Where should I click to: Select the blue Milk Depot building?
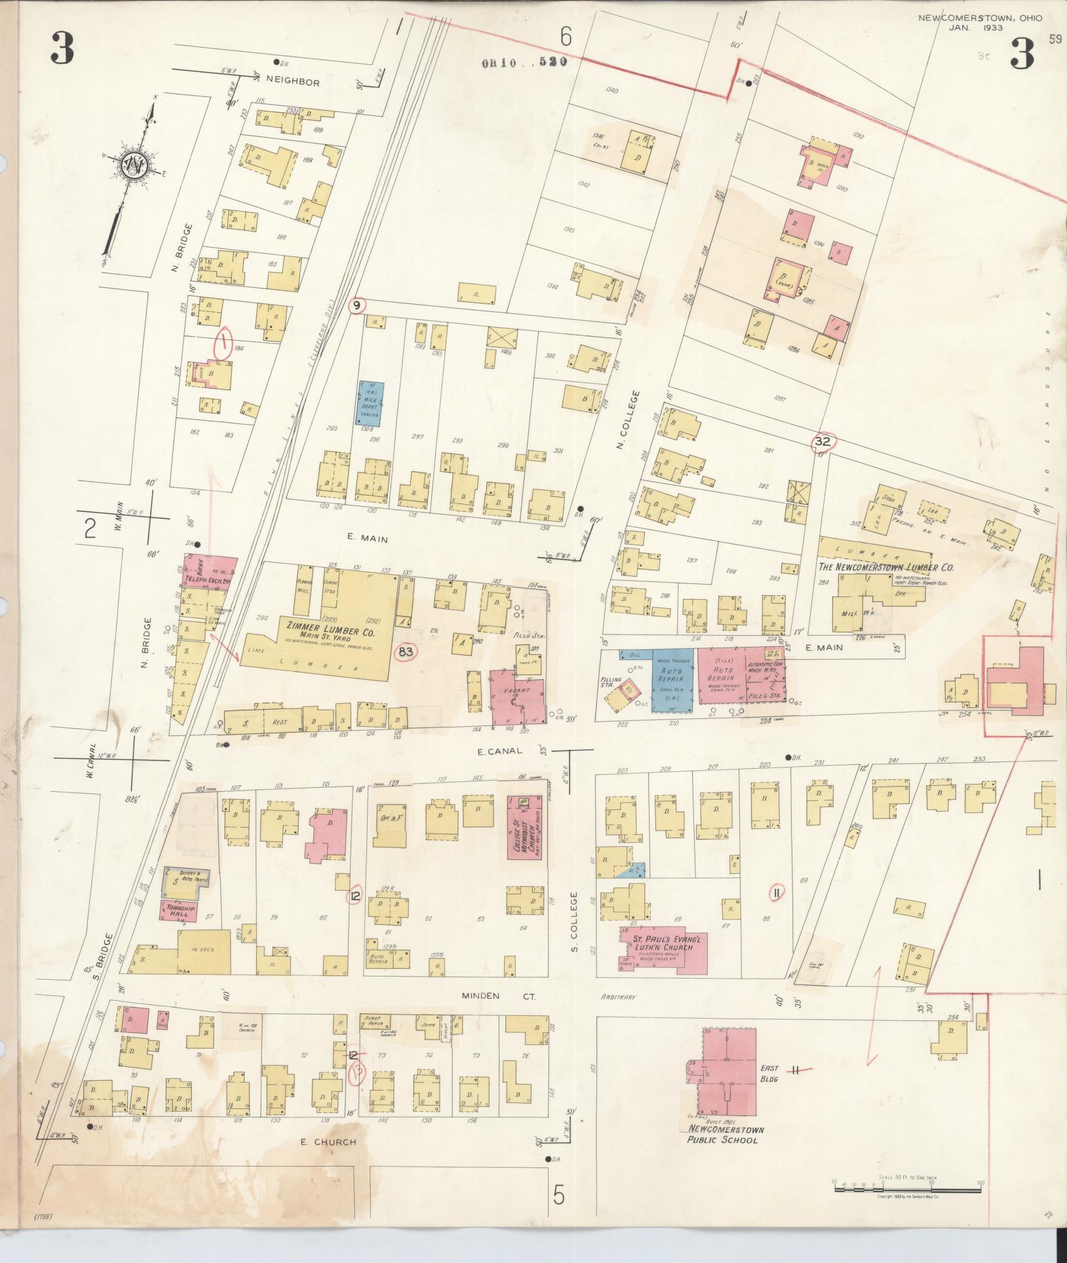[370, 403]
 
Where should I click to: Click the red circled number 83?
[406, 651]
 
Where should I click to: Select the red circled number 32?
[823, 442]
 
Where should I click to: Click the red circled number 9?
[357, 305]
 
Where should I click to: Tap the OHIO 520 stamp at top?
[522, 63]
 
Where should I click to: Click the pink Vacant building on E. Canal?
[518, 700]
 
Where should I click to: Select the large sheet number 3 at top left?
[62, 52]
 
